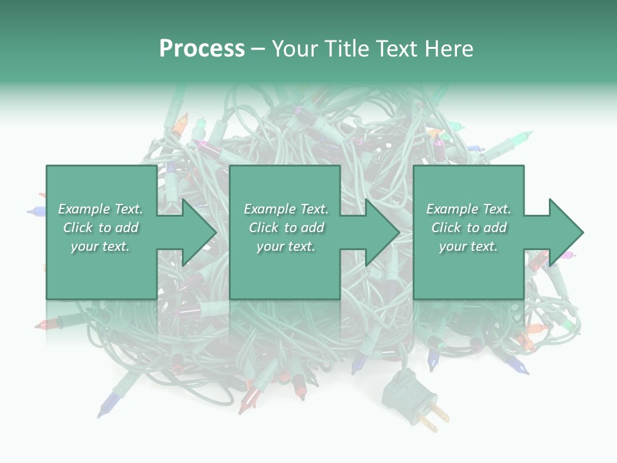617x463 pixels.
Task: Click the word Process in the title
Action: (202, 49)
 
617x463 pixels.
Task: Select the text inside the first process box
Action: (101, 228)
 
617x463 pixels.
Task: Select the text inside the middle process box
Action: (286, 228)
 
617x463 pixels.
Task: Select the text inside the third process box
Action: (469, 228)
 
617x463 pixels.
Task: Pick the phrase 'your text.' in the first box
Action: (101, 246)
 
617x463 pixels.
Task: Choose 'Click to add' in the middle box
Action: (286, 228)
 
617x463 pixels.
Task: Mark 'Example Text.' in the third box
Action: (469, 209)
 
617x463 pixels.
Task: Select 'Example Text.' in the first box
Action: (101, 209)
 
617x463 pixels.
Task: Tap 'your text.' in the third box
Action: (469, 246)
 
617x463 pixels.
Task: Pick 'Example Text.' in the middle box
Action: (286, 209)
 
